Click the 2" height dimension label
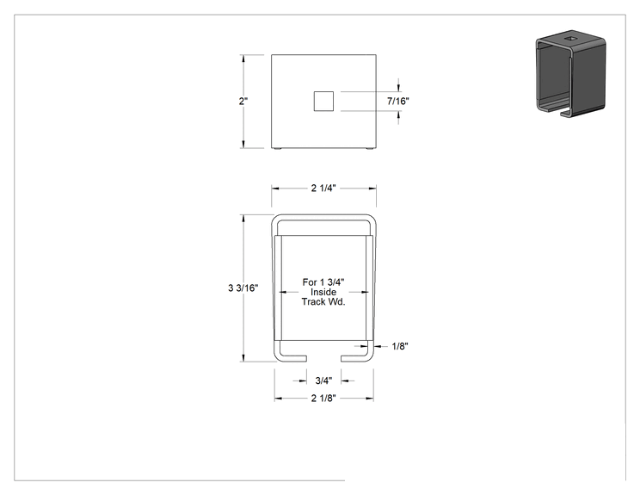(x=243, y=101)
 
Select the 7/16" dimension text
(x=398, y=101)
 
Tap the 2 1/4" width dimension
(x=323, y=188)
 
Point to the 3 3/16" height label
(x=243, y=288)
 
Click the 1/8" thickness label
(x=400, y=346)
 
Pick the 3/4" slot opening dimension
(x=323, y=381)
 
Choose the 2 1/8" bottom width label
(x=323, y=399)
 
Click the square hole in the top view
(x=323, y=102)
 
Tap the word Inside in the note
(x=323, y=292)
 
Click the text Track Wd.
(x=323, y=302)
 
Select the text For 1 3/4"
(x=323, y=282)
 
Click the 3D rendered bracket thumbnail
(x=571, y=73)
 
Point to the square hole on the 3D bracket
(x=570, y=39)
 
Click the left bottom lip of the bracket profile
(x=291, y=358)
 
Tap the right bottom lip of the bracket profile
(x=357, y=358)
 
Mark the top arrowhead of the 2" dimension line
(x=244, y=59)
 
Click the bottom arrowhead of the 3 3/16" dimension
(x=244, y=358)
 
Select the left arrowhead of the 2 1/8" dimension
(x=279, y=399)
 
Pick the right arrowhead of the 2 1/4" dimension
(x=372, y=189)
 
